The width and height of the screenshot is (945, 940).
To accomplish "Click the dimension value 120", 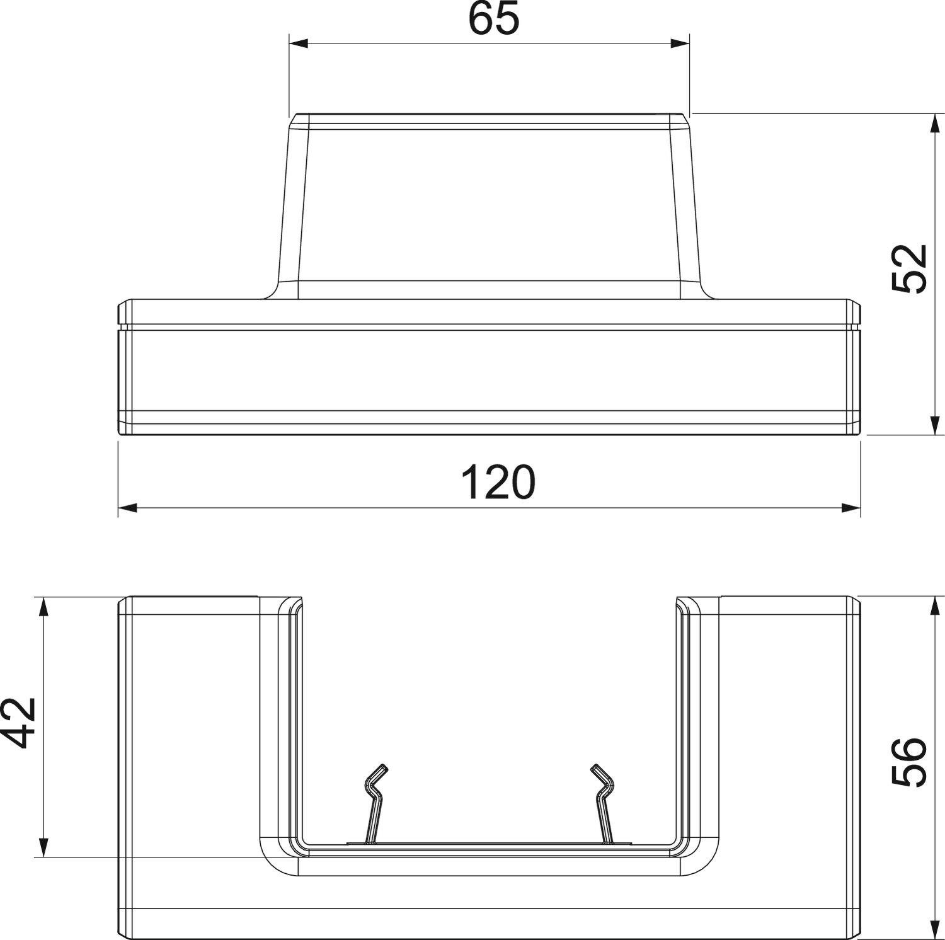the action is [498, 482].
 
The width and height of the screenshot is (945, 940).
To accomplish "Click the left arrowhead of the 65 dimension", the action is [298, 43].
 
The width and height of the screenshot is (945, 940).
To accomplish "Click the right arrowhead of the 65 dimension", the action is [680, 43].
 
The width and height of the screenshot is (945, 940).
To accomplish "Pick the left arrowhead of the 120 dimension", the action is [128, 508].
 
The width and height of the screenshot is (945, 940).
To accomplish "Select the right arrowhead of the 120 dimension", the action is [851, 508].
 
